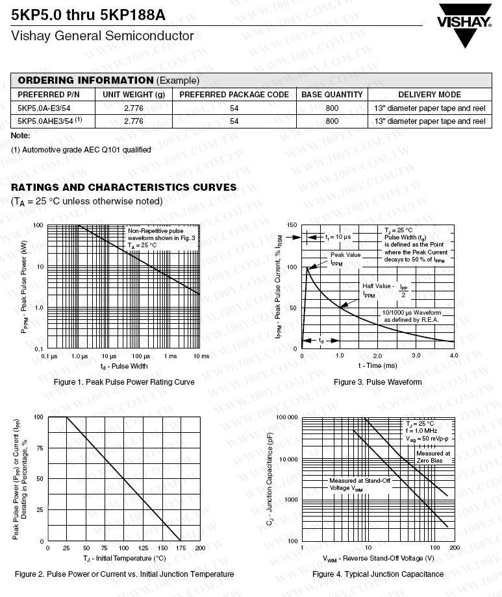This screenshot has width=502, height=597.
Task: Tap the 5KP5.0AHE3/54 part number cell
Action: point(50,121)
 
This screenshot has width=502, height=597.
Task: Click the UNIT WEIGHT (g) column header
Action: point(134,95)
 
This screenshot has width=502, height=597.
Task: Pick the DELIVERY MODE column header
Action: point(429,95)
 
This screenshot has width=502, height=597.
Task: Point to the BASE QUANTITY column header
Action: point(332,95)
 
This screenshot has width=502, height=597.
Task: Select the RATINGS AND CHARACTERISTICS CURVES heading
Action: point(123,188)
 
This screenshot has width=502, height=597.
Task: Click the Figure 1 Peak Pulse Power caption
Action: point(124,382)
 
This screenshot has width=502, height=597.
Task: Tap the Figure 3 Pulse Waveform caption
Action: point(377,382)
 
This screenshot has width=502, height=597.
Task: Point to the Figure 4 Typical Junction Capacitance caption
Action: point(378,574)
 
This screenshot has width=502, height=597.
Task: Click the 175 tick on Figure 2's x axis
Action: point(181,548)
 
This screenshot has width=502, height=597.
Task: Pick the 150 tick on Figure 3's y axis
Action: point(292,226)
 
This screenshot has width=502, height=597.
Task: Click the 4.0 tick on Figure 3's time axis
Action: point(453,356)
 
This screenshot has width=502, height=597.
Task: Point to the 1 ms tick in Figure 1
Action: point(170,356)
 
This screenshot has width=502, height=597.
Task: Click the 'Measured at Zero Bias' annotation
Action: point(433,457)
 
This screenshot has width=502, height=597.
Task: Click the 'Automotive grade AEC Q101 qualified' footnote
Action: point(81,150)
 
